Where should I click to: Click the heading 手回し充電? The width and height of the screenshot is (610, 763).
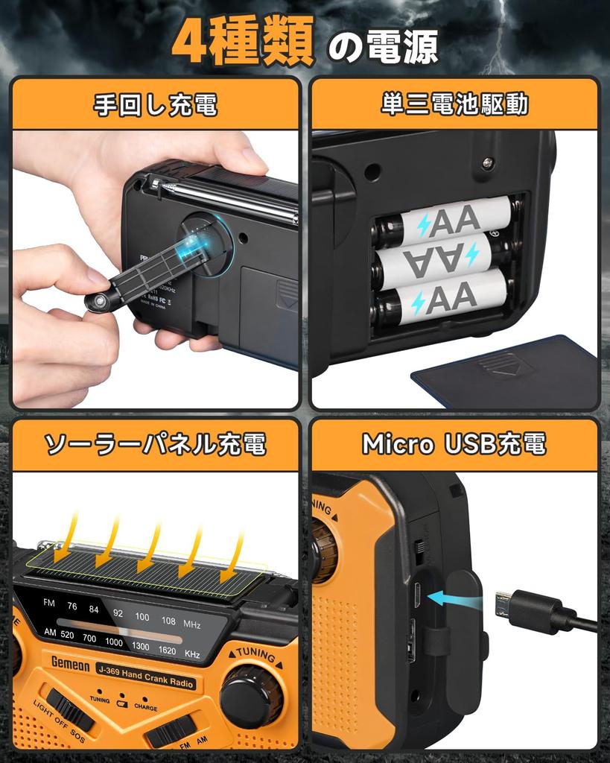click(155, 104)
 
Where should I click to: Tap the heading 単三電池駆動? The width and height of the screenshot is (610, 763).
click(454, 104)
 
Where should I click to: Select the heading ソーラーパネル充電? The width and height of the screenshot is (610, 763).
click(155, 445)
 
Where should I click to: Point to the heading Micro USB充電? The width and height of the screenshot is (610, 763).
click(454, 445)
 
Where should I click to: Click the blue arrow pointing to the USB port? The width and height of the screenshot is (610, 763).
click(455, 596)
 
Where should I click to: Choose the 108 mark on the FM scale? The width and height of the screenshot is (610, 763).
click(169, 620)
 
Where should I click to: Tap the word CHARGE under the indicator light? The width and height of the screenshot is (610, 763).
click(145, 707)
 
